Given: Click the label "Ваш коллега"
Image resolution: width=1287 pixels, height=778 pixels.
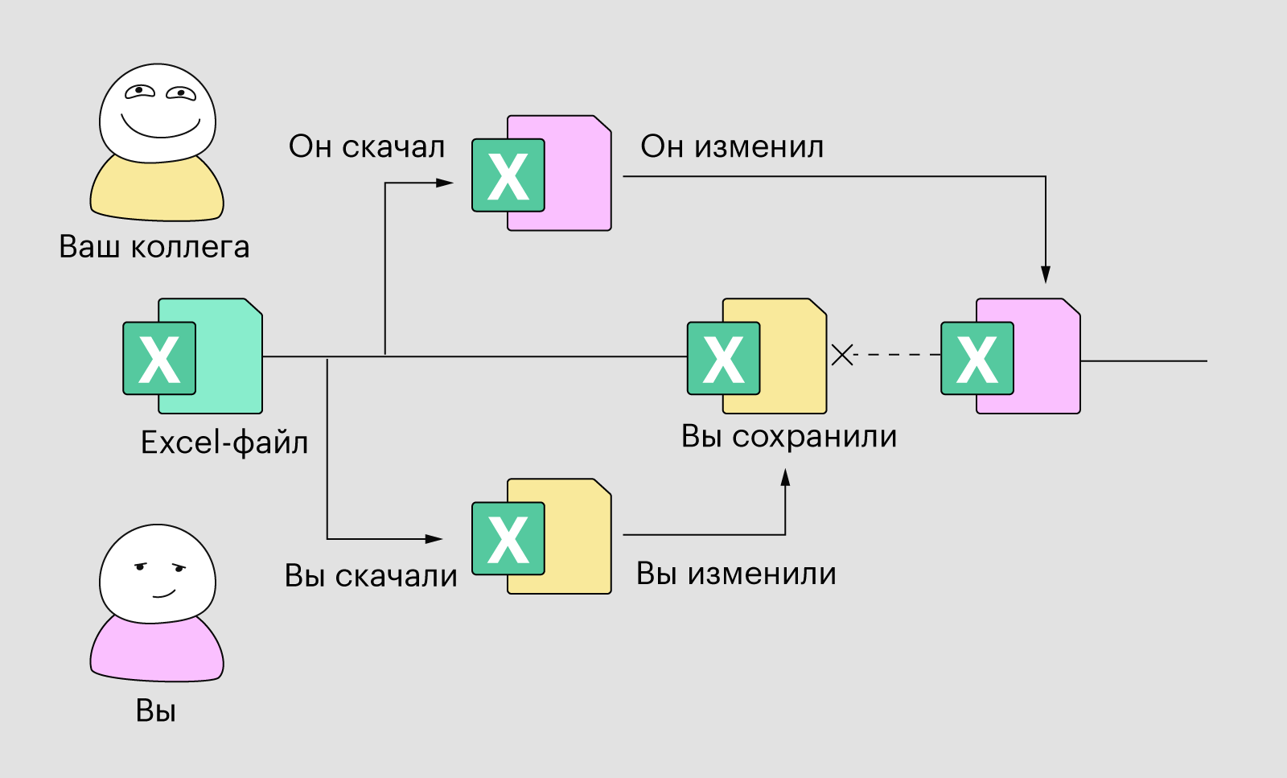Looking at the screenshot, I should [154, 246].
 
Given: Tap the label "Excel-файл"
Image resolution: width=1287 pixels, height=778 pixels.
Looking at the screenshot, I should [224, 443].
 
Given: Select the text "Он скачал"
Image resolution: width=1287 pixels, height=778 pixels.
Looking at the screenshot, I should [367, 146].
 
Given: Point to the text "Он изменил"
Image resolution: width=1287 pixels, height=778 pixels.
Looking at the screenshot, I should [732, 146].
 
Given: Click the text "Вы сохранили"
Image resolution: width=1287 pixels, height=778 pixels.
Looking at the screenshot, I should [789, 436].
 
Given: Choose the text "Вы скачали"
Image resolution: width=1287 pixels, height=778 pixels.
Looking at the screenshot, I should [371, 576].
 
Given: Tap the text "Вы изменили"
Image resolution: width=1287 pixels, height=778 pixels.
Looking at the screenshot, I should [736, 574].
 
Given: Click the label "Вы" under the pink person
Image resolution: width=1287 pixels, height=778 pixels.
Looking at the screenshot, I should [155, 710].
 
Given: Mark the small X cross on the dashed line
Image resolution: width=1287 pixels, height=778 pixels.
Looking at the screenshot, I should [842, 355].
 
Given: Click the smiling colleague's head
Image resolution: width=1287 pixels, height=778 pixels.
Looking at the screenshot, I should [158, 113].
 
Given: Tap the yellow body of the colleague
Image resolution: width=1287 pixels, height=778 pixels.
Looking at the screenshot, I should [157, 193].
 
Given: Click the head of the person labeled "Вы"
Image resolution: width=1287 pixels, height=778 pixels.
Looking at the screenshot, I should [158, 574].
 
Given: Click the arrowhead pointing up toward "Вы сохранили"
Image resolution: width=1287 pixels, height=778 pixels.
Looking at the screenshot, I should [785, 477].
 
